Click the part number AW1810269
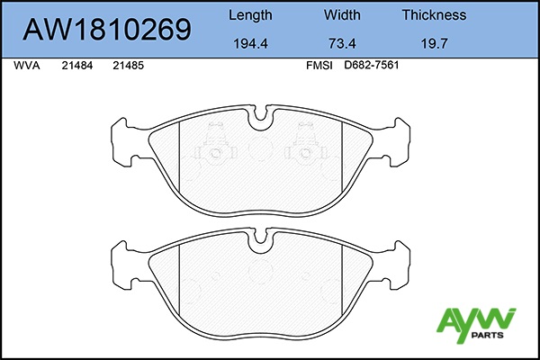pos(107,30)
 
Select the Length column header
pos(250,15)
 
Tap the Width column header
pos(342,15)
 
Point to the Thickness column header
pos(435,15)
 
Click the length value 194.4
pos(250,44)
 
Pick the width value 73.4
pos(342,44)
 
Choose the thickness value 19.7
pos(435,44)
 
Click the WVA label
pos(26,66)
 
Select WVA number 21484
pos(77,66)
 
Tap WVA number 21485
pos(128,66)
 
